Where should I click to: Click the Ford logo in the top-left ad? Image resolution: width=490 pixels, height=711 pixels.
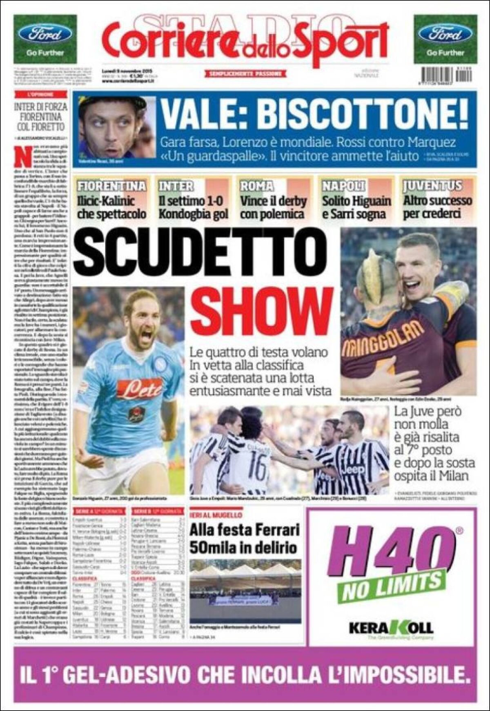pyautogui.click(x=45, y=34)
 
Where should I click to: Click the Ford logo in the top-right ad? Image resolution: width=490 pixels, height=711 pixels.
pyautogui.click(x=445, y=34)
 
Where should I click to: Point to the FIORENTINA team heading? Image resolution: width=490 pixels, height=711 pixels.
pyautogui.click(x=112, y=186)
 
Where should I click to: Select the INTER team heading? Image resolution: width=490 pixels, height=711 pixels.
pyautogui.click(x=176, y=186)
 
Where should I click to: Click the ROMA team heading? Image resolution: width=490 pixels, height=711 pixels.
pyautogui.click(x=256, y=186)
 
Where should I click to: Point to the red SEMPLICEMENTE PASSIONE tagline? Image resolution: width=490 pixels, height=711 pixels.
pyautogui.click(x=245, y=74)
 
